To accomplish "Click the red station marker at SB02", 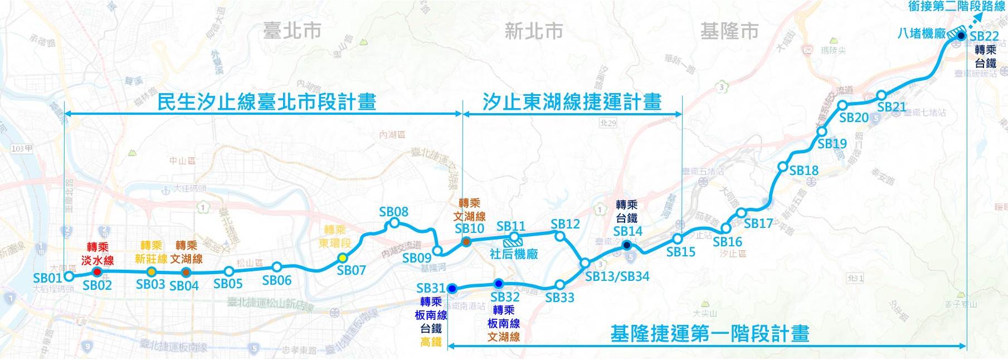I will [x=97, y=272].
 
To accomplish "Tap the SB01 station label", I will [x=47, y=278].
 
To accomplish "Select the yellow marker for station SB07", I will [x=343, y=257].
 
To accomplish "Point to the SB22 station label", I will [x=984, y=36].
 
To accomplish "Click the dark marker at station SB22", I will [x=961, y=36].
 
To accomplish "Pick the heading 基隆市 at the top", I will [x=729, y=31].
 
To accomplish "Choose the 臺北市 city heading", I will [x=293, y=31].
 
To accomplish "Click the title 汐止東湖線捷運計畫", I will [x=572, y=102].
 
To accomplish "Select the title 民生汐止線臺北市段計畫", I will [x=266, y=102].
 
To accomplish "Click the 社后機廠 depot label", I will [x=514, y=254].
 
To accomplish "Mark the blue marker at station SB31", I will [x=452, y=288].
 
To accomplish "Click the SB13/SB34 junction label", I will [x=617, y=276].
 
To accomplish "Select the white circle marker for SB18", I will [x=782, y=167].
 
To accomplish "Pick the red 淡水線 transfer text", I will [x=98, y=260].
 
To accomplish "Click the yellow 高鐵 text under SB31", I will [x=431, y=342].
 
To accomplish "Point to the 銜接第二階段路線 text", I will [x=956, y=7].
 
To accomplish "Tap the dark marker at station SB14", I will [x=626, y=246].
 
